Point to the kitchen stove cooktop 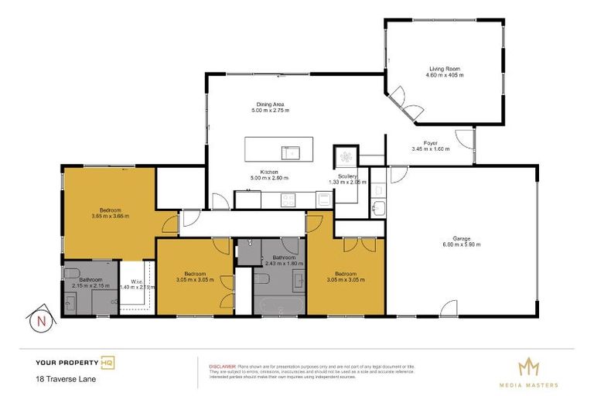[x=287, y=200]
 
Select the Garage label [x=462, y=238]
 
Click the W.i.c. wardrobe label [x=135, y=281]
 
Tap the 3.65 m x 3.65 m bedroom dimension [x=110, y=216]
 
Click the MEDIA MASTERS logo [x=530, y=369]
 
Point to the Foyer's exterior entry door [x=466, y=139]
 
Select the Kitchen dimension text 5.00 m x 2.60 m [x=269, y=177]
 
